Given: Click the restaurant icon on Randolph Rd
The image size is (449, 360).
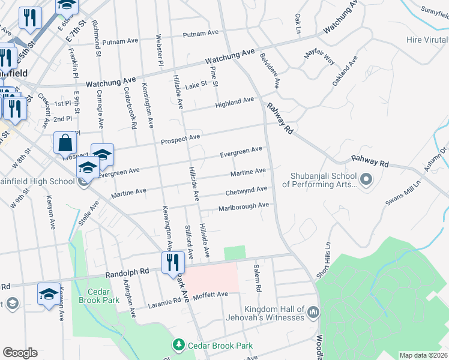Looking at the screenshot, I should (171, 262).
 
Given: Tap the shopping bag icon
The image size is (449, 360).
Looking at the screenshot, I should (65, 144).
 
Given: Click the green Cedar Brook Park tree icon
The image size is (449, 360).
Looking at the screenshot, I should (178, 345).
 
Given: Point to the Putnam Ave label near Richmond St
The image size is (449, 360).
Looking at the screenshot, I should (121, 43).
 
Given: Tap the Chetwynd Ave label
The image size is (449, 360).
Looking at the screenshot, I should (246, 191).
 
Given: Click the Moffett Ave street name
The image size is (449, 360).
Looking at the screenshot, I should (209, 295).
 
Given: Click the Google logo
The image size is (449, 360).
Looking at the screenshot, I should (20, 353).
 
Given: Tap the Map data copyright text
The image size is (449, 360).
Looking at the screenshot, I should (423, 355).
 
